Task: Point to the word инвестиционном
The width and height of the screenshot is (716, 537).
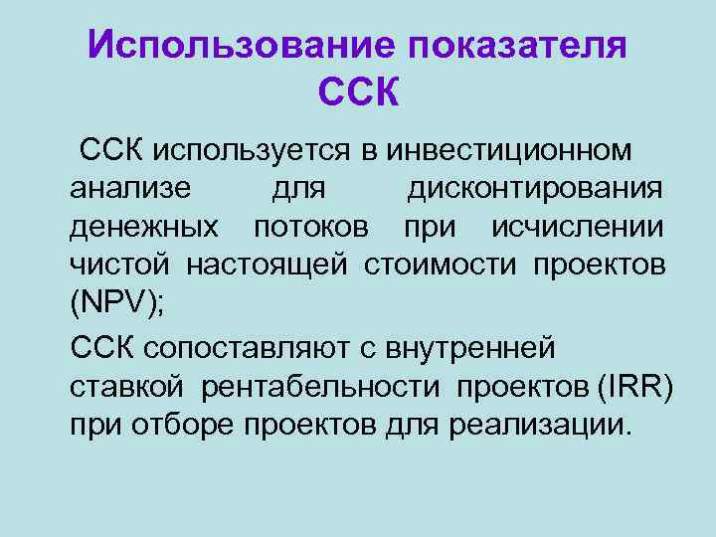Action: tap(509, 150)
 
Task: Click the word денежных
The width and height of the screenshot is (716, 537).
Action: tap(145, 228)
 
